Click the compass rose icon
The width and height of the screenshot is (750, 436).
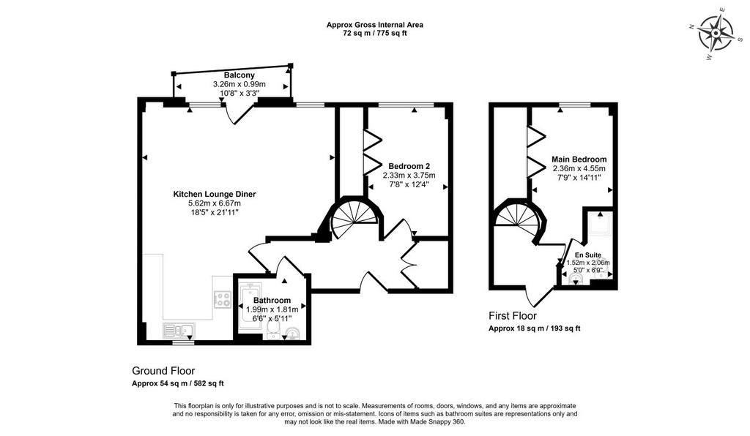pos(715,33)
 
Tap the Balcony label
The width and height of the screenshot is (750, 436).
pos(240,75)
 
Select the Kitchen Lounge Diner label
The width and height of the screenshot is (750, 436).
pos(215,195)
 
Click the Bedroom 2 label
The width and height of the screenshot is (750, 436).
pos(409,166)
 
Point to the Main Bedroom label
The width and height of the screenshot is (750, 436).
pos(579,159)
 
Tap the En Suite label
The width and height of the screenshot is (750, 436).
pos(588,255)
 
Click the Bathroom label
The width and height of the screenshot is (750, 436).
pos(272,301)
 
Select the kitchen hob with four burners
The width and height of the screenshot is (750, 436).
pos(223,300)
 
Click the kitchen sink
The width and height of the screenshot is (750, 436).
pos(179,330)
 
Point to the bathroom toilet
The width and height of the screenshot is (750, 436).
pos(273,328)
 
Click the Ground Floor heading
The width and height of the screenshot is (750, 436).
pos(163,371)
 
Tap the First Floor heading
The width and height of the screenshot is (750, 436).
pos(513,315)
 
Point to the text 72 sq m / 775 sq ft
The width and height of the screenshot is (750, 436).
pos(375,34)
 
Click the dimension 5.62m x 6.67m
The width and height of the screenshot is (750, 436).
pos(215,203)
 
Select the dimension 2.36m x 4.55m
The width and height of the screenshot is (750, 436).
pos(579,168)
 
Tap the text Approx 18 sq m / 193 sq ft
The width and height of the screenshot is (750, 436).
pos(534,328)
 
